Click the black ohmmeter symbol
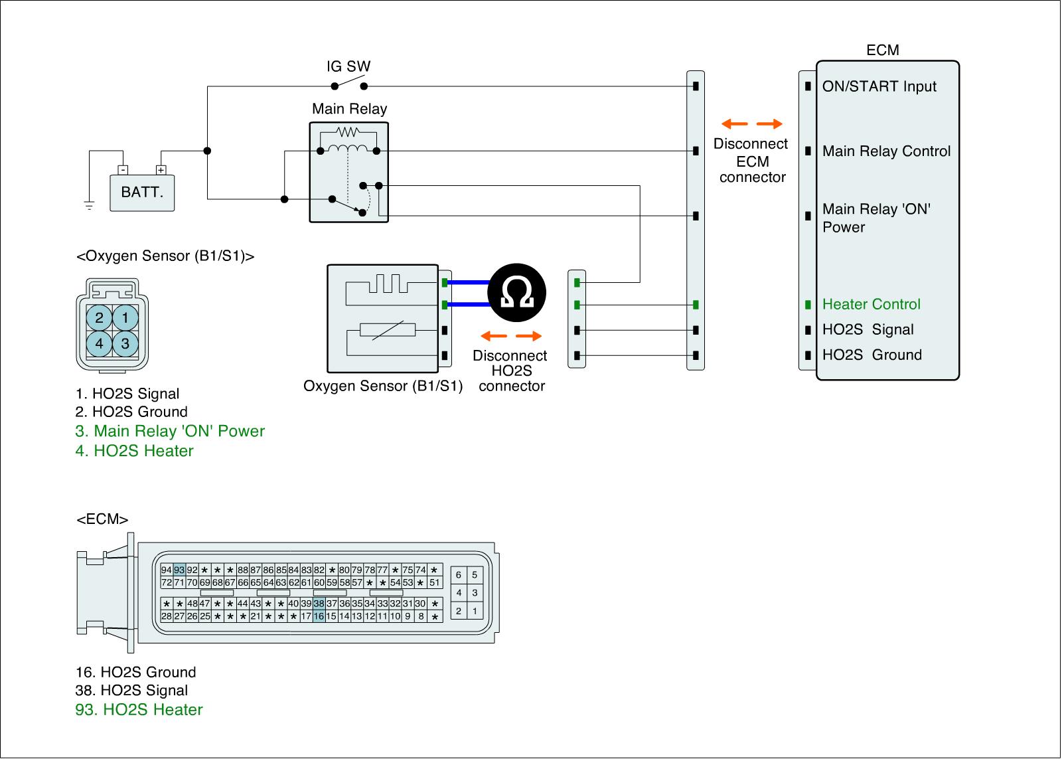pos(516,293)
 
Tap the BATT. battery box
pos(142,193)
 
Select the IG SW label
pos(348,66)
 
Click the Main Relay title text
pos(349,109)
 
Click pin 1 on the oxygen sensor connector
pos(125,318)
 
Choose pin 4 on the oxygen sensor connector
pos(100,344)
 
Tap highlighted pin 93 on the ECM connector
pos(179,570)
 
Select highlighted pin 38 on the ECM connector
pos(319,604)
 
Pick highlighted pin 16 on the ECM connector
pos(319,616)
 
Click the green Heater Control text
pos(871,304)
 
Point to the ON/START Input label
pos(879,86)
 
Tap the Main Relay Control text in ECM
pos(886,151)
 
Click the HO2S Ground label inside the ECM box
pos(872,355)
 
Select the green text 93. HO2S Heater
pos(139,709)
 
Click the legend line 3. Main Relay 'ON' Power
pos(170,431)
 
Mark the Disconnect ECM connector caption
pos(751,161)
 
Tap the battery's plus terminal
pos(161,170)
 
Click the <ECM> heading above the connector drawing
pos(102,519)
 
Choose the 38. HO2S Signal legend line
pos(131,691)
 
